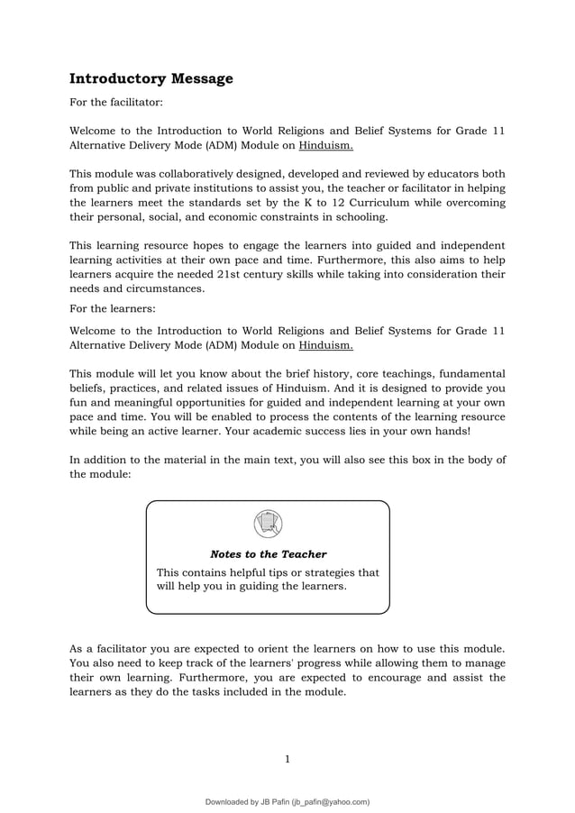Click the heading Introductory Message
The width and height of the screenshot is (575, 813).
151,78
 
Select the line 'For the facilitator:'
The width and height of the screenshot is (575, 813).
116,105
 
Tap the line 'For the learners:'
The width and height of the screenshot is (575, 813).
110,309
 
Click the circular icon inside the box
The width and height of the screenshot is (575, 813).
268,524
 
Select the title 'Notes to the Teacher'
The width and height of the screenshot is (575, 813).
268,554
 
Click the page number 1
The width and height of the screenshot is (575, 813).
287,759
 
